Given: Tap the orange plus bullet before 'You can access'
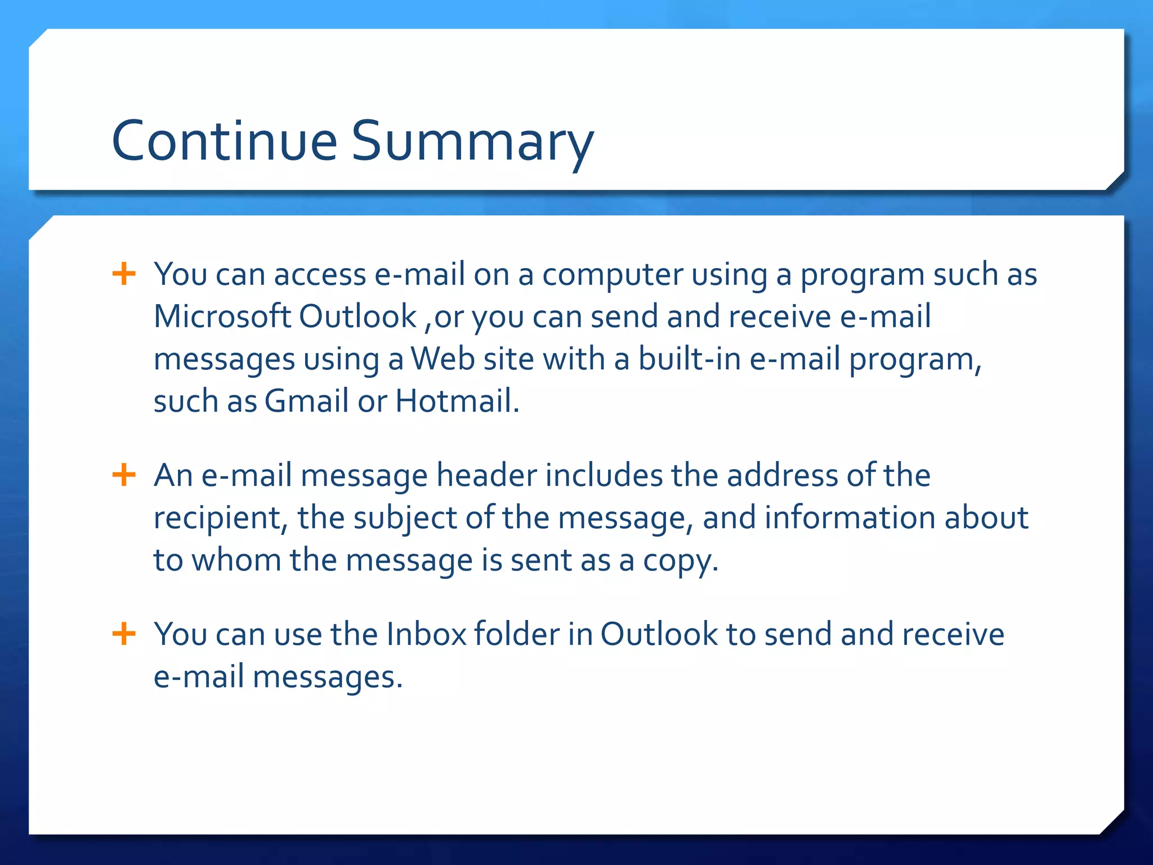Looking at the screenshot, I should [124, 274].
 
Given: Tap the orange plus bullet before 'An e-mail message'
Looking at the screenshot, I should [124, 475].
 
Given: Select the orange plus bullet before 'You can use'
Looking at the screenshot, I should [124, 634].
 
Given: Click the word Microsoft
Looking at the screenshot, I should [222, 316].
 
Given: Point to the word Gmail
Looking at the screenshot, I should [306, 401].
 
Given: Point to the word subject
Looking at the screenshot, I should [405, 518].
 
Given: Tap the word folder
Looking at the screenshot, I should [516, 634].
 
